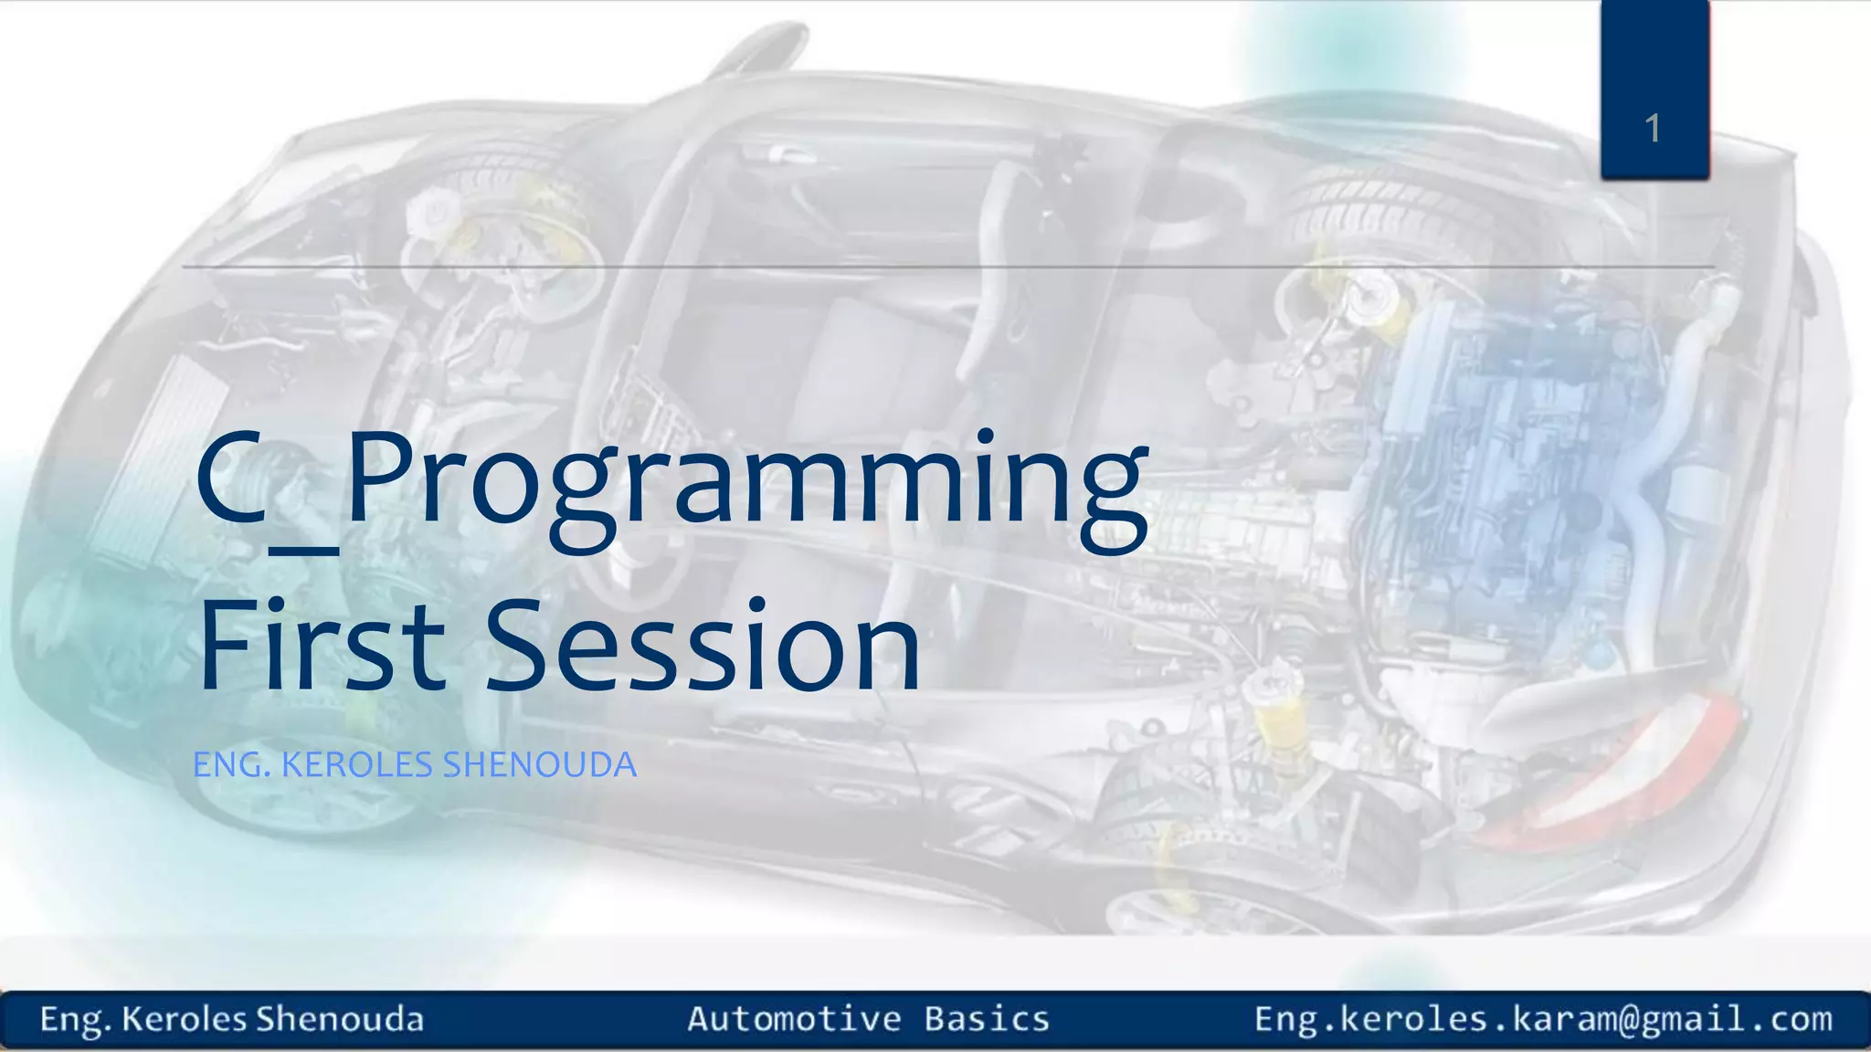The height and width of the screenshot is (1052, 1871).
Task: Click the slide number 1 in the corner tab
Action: [1652, 129]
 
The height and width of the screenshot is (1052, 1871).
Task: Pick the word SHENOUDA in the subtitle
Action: [539, 765]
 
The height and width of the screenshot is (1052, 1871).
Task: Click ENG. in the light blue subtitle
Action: [232, 765]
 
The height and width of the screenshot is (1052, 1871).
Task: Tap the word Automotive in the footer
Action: [794, 1018]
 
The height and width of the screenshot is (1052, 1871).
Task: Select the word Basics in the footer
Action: [987, 1018]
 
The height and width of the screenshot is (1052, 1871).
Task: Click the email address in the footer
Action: [1543, 1018]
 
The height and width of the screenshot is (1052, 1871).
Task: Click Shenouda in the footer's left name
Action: [340, 1018]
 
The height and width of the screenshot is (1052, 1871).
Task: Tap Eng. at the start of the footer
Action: [75, 1019]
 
